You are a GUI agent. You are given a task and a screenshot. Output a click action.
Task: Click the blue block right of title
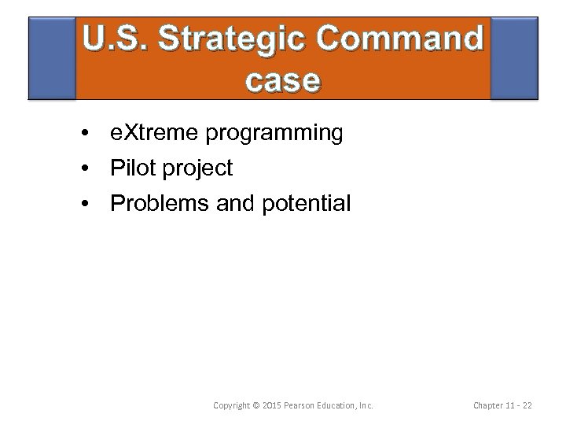coord(514,60)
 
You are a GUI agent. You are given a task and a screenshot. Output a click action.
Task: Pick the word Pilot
coord(130,168)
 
